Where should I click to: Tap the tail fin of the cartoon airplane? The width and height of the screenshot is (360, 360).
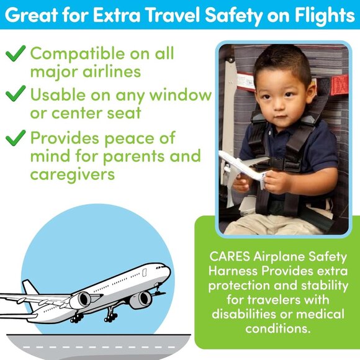click(x=30, y=288)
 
